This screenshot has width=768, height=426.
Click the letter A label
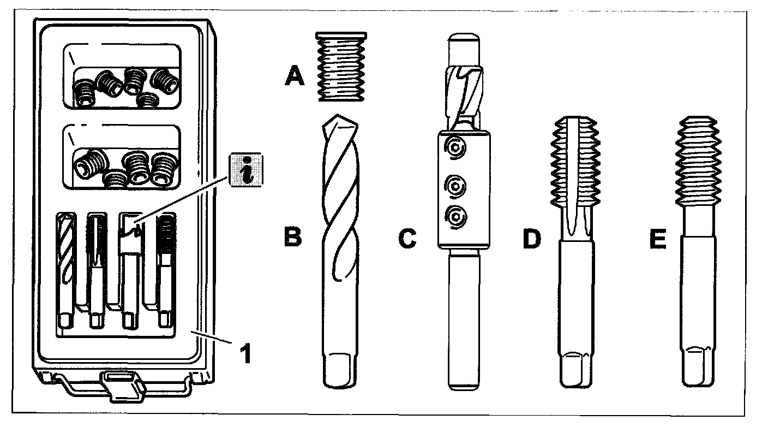pyautogui.click(x=295, y=76)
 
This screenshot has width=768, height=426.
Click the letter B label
pyautogui.click(x=293, y=239)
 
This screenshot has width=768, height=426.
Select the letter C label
pyautogui.click(x=407, y=239)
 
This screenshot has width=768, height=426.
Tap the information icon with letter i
pyautogui.click(x=245, y=169)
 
